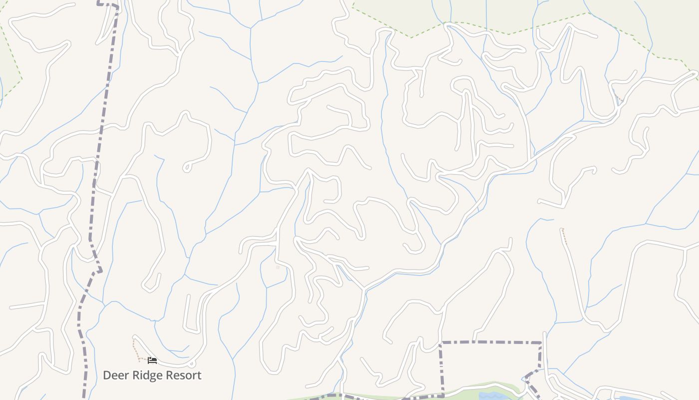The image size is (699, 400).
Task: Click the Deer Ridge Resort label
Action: click(152, 375)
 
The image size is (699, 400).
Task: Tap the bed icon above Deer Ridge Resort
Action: click(152, 360)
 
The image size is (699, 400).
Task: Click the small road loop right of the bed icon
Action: click(192, 363)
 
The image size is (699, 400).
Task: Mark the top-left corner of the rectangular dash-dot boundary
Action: click(440, 343)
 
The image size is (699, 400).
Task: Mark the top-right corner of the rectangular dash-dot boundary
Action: click(541, 343)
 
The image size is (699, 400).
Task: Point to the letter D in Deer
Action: click(107, 375)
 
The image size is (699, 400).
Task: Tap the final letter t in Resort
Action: click(199, 375)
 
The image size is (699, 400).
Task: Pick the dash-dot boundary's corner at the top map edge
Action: click(118, 6)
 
